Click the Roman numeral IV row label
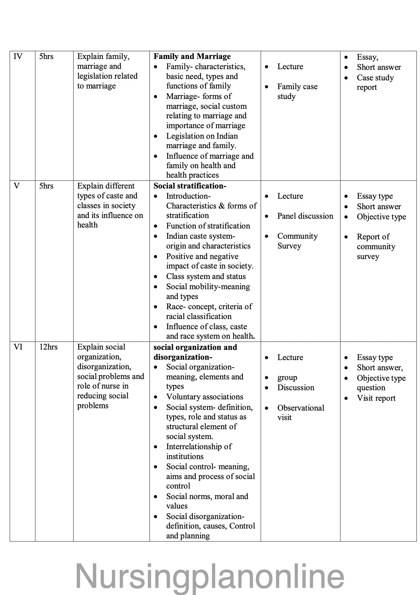18,57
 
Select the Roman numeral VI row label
18,347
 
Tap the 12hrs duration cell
48,347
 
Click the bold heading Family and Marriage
192,57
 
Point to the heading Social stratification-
190,186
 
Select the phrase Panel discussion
305,216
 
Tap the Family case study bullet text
297,92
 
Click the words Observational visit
300,413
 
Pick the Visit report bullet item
376,398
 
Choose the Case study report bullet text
375,82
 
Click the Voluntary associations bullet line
204,397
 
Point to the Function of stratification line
208,226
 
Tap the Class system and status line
206,277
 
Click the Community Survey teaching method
297,241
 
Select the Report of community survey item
376,246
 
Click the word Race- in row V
176,307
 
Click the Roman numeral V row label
17,186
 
